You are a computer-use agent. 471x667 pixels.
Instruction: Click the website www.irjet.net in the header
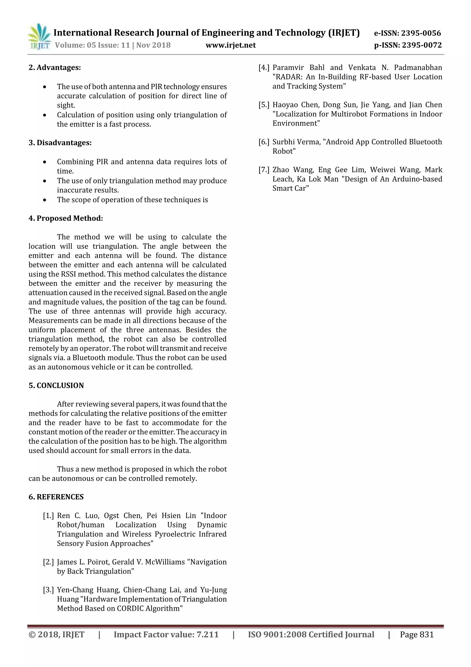tap(231, 45)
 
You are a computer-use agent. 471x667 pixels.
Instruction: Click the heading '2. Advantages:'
tap(55, 67)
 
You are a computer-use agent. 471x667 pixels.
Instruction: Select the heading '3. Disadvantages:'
tap(60, 143)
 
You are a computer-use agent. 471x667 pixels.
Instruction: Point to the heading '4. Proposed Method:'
tap(66, 218)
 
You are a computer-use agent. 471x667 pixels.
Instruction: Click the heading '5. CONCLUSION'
tap(56, 385)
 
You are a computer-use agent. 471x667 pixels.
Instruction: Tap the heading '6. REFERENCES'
tap(56, 497)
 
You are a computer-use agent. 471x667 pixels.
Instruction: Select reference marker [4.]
tap(264, 68)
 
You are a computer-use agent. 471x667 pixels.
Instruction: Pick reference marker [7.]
tap(264, 170)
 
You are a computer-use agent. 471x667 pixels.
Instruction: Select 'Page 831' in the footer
tap(417, 635)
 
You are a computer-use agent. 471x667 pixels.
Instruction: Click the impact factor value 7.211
tap(207, 635)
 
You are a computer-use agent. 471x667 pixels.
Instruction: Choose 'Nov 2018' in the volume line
tap(153, 45)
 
